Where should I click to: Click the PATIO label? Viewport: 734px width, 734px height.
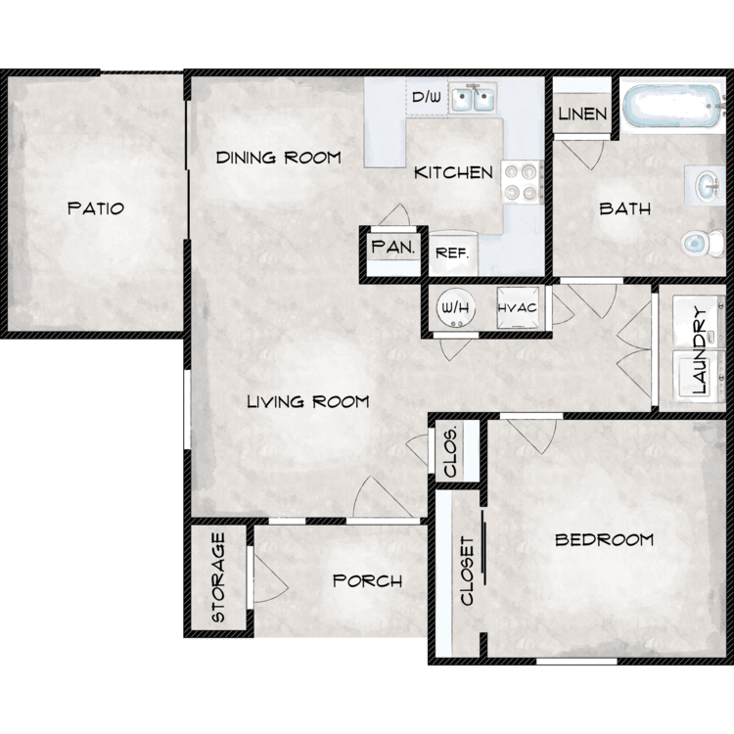[x=96, y=208]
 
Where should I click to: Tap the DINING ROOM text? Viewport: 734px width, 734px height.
[x=279, y=158]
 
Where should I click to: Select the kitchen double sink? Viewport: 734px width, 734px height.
[x=474, y=97]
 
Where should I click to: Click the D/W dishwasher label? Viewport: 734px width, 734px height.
[x=427, y=97]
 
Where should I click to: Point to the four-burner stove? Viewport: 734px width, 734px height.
[x=522, y=182]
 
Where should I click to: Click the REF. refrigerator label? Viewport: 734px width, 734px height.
[x=452, y=253]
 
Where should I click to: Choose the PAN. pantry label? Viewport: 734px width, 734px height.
[x=393, y=247]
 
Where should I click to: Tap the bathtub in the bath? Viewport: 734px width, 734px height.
[x=672, y=106]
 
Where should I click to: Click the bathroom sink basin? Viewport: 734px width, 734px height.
[x=707, y=186]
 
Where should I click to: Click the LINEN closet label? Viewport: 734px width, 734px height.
[x=583, y=114]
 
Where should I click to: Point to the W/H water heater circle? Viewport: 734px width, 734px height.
[x=456, y=308]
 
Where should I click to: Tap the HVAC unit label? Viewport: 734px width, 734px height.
[x=518, y=308]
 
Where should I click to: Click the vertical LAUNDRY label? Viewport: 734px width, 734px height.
[x=699, y=349]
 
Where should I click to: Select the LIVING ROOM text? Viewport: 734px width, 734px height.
[x=308, y=401]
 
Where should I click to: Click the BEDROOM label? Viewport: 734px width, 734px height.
[x=605, y=539]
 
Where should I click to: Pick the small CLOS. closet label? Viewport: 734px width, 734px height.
[x=450, y=452]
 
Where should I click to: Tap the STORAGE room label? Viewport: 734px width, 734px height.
[x=218, y=577]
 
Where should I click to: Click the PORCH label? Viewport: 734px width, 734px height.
[x=367, y=581]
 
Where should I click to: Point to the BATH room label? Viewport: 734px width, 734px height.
[x=625, y=208]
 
